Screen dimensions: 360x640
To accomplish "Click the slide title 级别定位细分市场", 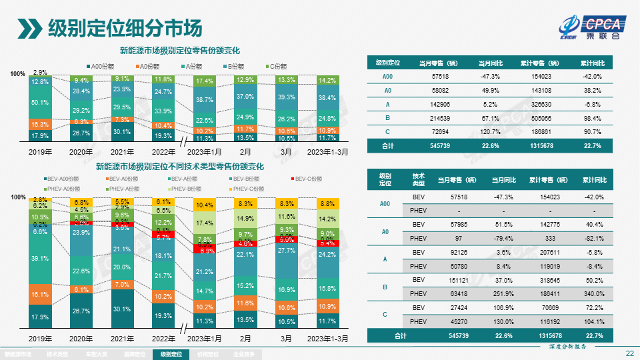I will pyautogui.click(x=124, y=28).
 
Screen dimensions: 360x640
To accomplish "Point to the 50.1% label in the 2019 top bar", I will pyautogui.click(x=40, y=103).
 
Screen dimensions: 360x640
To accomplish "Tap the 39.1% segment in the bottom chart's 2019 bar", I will pyautogui.click(x=40, y=258).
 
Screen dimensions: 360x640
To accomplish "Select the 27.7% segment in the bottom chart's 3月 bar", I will pyautogui.click(x=286, y=250).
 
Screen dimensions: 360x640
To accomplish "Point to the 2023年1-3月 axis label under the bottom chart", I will pyautogui.click(x=327, y=339).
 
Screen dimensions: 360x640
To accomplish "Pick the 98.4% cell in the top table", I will pyautogui.click(x=592, y=117).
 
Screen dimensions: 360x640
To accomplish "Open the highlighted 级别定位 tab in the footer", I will pyautogui.click(x=171, y=355).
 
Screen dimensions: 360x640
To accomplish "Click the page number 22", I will pyautogui.click(x=629, y=353).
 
